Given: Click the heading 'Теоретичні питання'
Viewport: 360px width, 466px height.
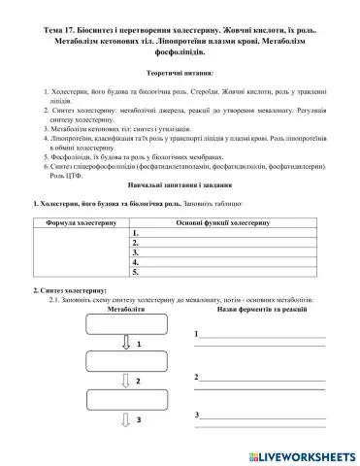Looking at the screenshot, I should coord(180,72).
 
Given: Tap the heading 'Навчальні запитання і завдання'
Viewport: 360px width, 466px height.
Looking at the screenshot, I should coord(180,184).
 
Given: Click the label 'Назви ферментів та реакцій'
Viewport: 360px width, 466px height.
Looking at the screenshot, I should coord(258,310).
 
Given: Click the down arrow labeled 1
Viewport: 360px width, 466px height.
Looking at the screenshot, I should coord(125,346).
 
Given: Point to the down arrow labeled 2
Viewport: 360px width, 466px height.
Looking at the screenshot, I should coord(125,380).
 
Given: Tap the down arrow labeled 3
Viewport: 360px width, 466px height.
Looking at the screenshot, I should coord(125,419).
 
